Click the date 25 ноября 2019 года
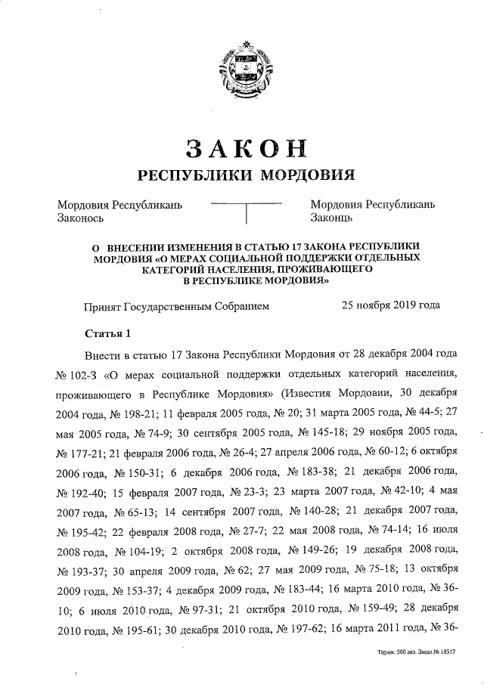390,306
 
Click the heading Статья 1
107,333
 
